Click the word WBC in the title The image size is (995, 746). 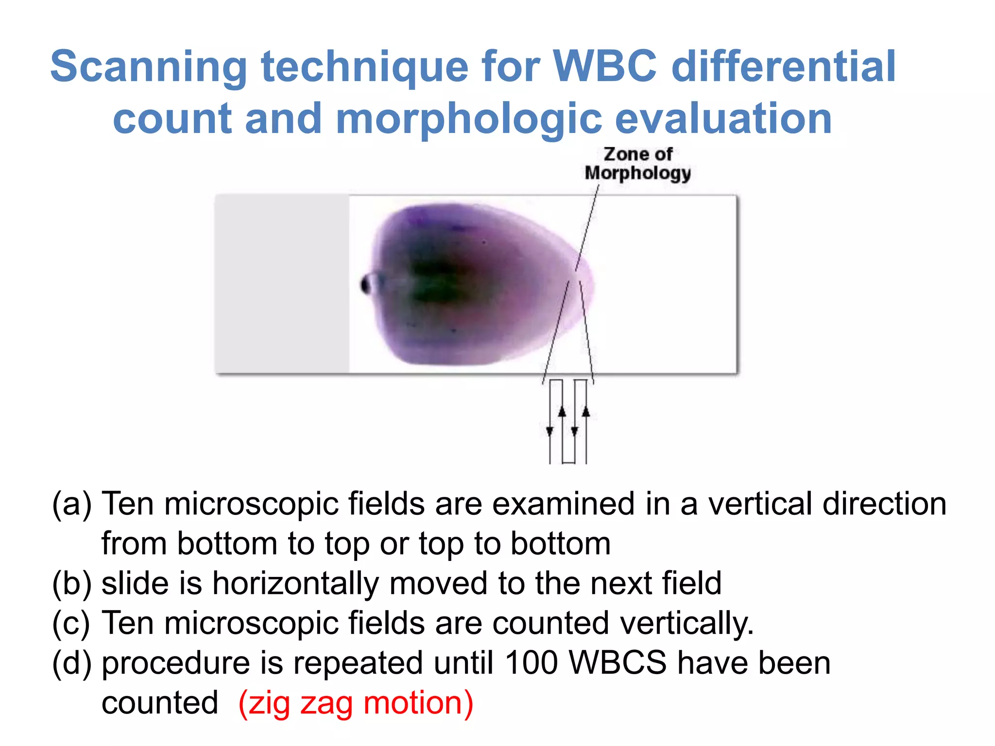coord(605,67)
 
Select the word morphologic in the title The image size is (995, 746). coord(468,119)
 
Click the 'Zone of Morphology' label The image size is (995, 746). coord(637,164)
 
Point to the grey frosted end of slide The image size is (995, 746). coord(282,284)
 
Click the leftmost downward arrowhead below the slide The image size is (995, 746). coord(549,431)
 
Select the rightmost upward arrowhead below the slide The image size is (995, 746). coord(586,412)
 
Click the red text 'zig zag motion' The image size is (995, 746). coord(356,703)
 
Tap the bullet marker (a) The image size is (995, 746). coord(71,504)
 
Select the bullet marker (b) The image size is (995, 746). coord(71,583)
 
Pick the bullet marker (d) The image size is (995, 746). coord(71,663)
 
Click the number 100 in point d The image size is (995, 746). coord(531,663)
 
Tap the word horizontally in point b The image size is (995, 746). coord(295,583)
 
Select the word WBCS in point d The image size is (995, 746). coord(618,663)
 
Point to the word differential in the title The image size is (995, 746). coord(783,67)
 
